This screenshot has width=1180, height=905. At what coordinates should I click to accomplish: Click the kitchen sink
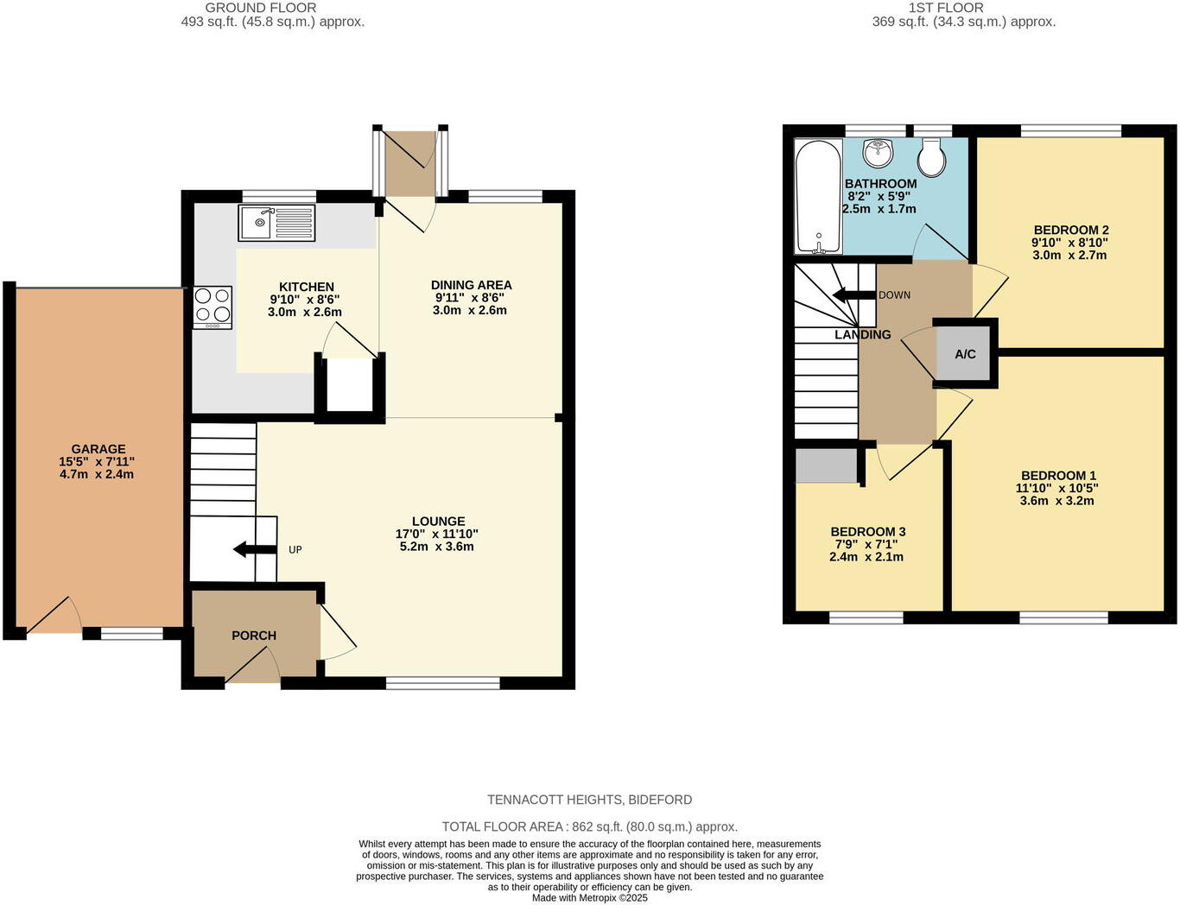(276, 223)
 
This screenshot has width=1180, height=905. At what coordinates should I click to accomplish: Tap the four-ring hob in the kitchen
(213, 306)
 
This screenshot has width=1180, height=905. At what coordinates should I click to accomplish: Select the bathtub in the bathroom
(817, 197)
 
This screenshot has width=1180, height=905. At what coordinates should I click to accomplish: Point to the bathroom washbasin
(878, 153)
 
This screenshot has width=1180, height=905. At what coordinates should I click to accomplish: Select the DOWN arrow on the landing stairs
(853, 295)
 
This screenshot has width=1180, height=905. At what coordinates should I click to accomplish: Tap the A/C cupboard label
(965, 354)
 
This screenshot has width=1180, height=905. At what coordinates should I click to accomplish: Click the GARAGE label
(98, 449)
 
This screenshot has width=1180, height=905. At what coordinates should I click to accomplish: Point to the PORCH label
(254, 636)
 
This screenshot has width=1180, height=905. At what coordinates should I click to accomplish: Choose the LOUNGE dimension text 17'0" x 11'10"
(438, 534)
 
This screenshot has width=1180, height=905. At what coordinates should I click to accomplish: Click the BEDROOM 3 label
(867, 532)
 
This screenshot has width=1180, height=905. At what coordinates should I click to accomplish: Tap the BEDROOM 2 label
(1070, 230)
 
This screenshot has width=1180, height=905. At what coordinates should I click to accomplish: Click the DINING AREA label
(471, 285)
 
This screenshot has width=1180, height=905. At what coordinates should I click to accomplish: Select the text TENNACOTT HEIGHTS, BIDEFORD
(589, 800)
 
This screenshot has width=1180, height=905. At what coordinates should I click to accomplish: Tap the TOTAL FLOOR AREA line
(589, 826)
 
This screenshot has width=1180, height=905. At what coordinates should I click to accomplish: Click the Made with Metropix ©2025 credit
(589, 898)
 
